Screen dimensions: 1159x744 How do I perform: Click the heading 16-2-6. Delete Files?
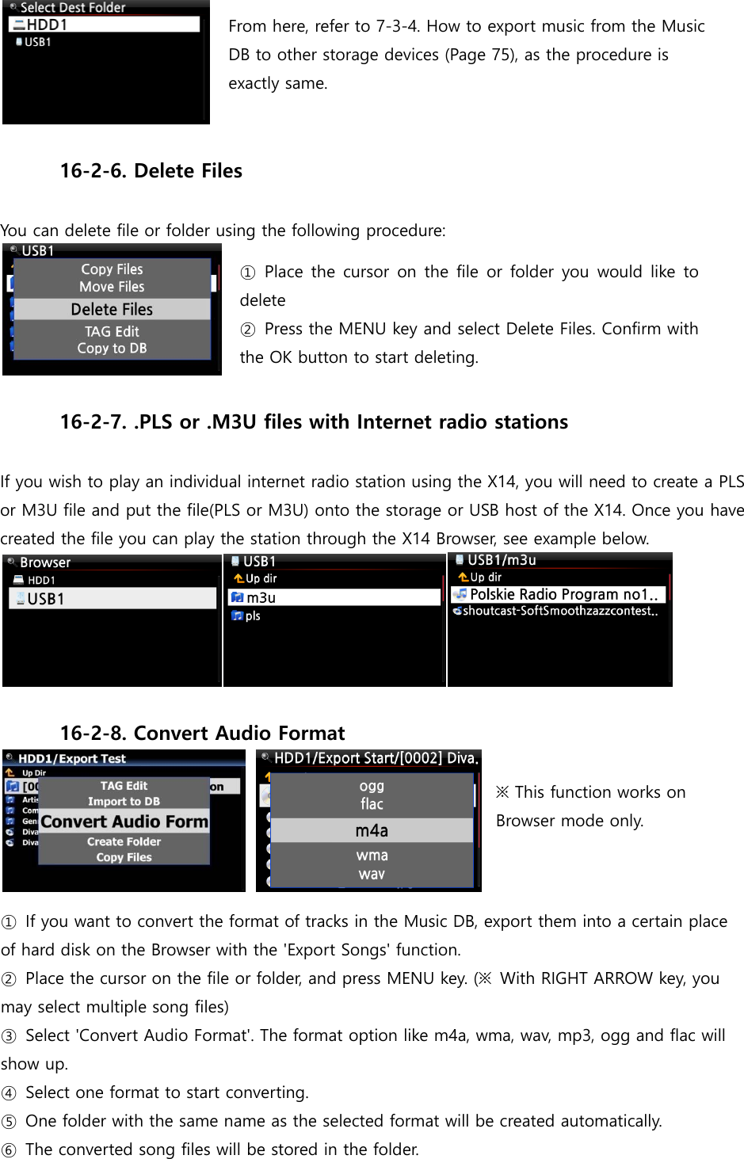(x=151, y=171)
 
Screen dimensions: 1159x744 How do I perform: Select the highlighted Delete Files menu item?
(x=112, y=310)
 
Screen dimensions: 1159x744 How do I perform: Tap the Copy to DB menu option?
(x=112, y=349)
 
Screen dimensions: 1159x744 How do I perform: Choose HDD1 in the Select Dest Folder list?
(x=48, y=25)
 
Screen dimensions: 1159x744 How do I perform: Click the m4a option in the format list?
(x=372, y=831)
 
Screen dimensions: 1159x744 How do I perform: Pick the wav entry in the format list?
(x=372, y=875)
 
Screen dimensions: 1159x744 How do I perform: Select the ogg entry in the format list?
(x=372, y=786)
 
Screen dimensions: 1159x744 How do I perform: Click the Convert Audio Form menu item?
(x=124, y=822)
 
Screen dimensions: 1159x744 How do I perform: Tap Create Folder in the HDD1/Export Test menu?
(x=124, y=842)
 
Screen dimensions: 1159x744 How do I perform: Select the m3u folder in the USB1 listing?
(x=261, y=598)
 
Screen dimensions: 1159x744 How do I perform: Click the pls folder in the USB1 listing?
(x=253, y=616)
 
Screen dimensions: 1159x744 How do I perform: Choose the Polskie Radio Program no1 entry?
(x=563, y=595)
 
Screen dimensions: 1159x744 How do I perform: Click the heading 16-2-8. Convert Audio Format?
(x=202, y=734)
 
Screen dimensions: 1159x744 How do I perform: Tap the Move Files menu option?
(x=112, y=287)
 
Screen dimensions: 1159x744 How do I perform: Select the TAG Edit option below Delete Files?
(x=112, y=332)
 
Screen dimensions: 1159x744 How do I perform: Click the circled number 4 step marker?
(x=9, y=1094)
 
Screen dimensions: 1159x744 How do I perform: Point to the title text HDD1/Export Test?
(x=72, y=759)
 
